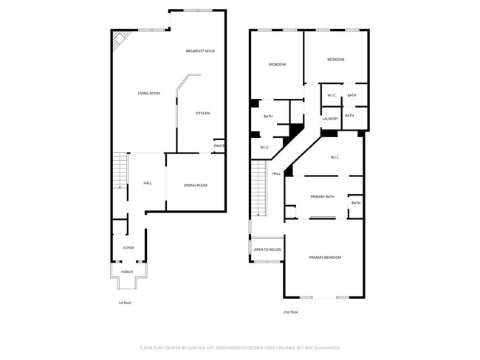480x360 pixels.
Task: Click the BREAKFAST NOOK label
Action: [199, 50]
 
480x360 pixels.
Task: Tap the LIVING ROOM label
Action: [149, 93]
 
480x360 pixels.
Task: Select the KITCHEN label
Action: [202, 113]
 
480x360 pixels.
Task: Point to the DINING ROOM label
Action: [196, 184]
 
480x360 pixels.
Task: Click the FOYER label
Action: [128, 248]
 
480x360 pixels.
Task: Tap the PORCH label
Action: [127, 271]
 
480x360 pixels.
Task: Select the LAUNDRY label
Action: [330, 119]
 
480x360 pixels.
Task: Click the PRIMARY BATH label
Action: [323, 196]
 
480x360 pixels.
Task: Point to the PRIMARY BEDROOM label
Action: [325, 257]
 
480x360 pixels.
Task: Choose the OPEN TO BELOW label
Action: [267, 249]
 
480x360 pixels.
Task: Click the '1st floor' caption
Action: [125, 302]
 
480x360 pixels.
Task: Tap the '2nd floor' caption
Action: [290, 312]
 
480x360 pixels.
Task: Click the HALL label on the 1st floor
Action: [148, 183]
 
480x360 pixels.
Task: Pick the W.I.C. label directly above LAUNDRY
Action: [332, 95]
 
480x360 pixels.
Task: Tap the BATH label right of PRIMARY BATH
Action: [356, 203]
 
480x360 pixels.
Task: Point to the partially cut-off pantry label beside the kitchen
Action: [219, 145]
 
